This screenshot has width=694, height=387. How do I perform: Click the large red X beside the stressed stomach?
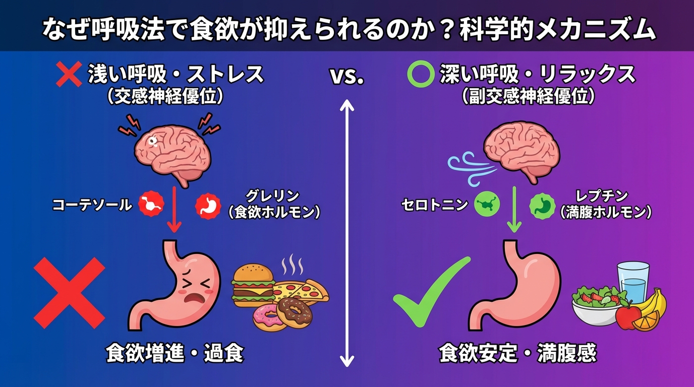[70, 293]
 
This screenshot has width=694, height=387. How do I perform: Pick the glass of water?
[634, 283]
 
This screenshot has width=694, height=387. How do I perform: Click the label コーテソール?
[92, 205]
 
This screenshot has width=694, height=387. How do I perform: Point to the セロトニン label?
[434, 205]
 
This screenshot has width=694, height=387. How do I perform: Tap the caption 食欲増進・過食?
[175, 354]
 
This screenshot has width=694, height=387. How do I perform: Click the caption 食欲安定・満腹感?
[517, 354]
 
